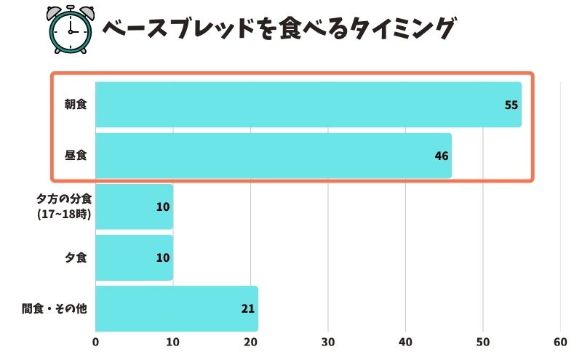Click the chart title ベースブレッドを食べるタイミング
[279, 29]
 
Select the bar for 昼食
[273, 156]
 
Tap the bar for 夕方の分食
[134, 207]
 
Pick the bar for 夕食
[134, 257]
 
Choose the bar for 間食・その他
[176, 308]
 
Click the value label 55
[511, 105]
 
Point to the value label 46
[441, 156]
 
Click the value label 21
[247, 308]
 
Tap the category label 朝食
[75, 105]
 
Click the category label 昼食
[75, 156]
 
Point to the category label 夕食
[76, 257]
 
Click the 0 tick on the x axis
[96, 342]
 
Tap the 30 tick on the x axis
[328, 342]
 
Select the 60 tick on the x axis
[560, 342]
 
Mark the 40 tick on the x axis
[405, 342]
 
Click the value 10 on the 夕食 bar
[162, 257]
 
